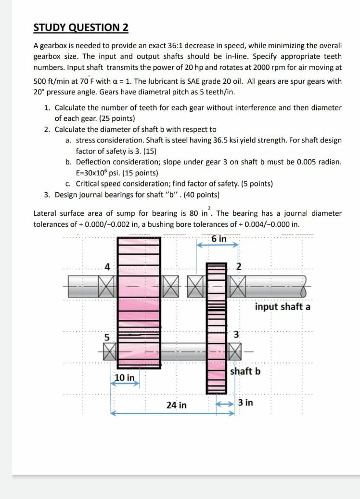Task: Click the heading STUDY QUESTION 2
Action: click(81, 27)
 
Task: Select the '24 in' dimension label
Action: click(176, 405)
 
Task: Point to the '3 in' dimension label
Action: click(245, 402)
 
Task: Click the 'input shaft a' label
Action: click(283, 307)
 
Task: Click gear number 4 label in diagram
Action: click(107, 266)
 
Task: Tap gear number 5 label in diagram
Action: click(108, 337)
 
